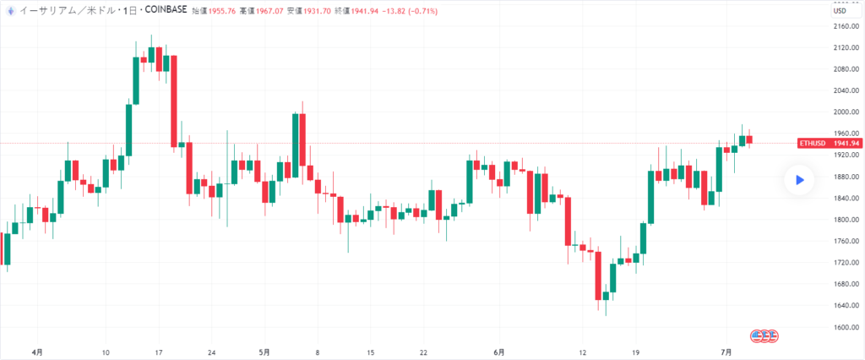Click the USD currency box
click(x=841, y=10)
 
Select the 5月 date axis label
click(x=264, y=352)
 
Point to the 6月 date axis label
click(x=499, y=352)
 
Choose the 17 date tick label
click(x=158, y=352)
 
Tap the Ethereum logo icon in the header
click(x=8, y=9)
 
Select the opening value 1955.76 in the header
click(x=218, y=9)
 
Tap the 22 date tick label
click(x=423, y=352)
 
